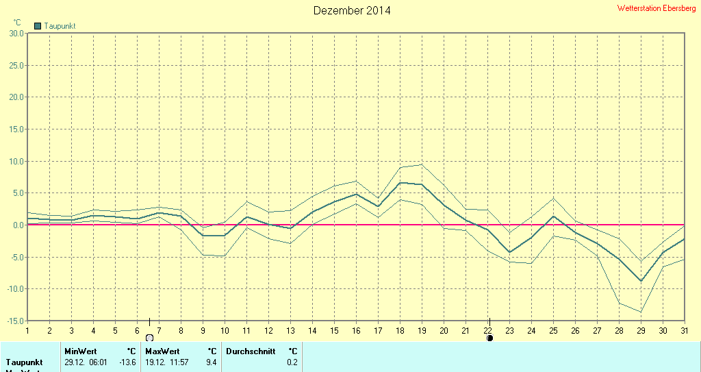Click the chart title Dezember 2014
[x=352, y=10]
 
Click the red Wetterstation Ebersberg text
[x=656, y=8]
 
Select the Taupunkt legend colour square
[x=38, y=26]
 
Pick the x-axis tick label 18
[x=400, y=330]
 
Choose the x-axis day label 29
[x=641, y=330]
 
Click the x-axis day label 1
[x=27, y=330]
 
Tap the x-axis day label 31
[x=685, y=330]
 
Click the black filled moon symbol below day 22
[x=490, y=338]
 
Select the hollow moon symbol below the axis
[x=149, y=338]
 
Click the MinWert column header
[x=81, y=351]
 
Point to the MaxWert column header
[x=162, y=351]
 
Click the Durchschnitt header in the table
[x=250, y=351]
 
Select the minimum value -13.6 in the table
[x=128, y=362]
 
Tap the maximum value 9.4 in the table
[x=211, y=362]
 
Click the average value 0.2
[x=292, y=362]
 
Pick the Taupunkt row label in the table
[x=24, y=362]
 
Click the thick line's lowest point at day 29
[x=641, y=281]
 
